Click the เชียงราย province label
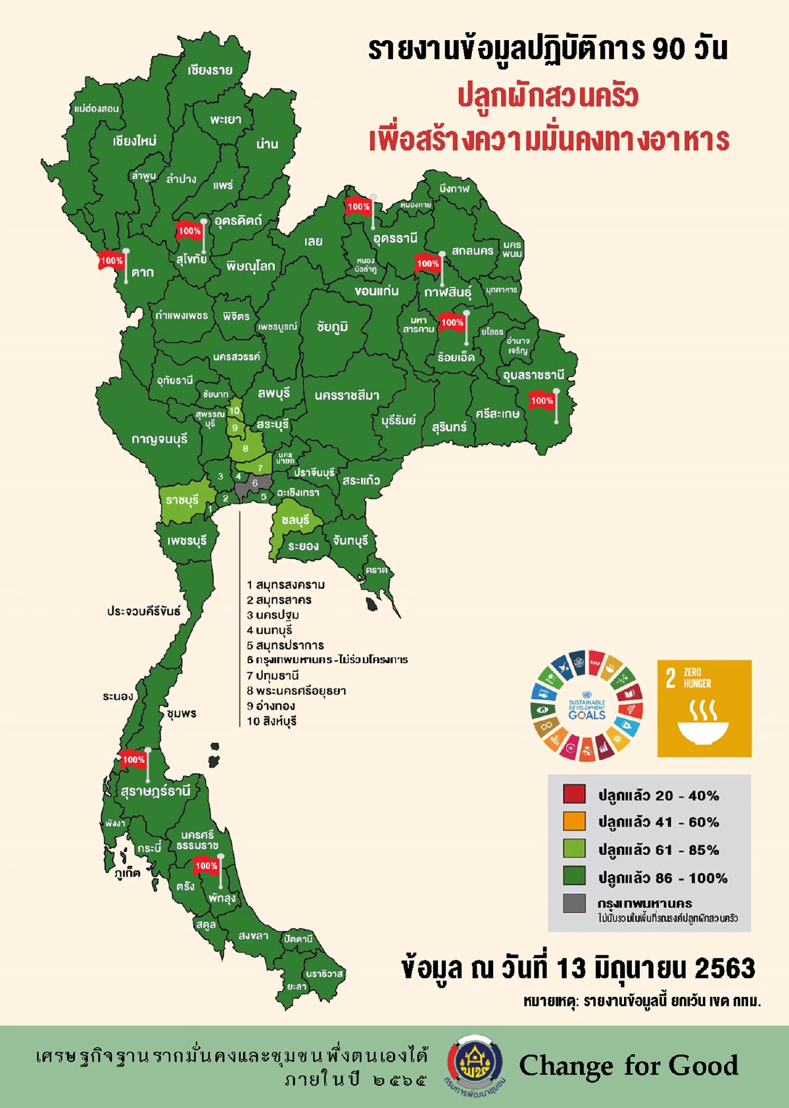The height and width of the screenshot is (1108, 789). point(210,70)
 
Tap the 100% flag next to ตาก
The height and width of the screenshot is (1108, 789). point(111,261)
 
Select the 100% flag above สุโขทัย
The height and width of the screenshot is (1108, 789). point(189,231)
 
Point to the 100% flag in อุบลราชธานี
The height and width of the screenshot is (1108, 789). point(542,400)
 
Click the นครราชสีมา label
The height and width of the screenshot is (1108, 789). point(347,396)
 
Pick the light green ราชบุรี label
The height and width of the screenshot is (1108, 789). point(182,500)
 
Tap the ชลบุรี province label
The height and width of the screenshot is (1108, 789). point(295,520)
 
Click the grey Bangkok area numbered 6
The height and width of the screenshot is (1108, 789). point(254,484)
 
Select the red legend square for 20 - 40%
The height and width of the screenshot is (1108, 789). point(574,794)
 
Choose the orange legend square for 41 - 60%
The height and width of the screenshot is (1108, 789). point(574,821)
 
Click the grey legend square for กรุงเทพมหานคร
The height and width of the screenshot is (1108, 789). point(574,903)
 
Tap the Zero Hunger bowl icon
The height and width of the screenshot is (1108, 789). point(704,723)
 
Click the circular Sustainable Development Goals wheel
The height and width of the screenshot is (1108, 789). point(586,706)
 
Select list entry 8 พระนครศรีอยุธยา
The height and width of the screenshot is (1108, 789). point(296,691)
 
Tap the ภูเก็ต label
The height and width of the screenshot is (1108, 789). point(127,873)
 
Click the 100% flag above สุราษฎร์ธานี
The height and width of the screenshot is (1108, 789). point(133,760)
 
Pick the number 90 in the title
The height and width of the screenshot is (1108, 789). point(669,49)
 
